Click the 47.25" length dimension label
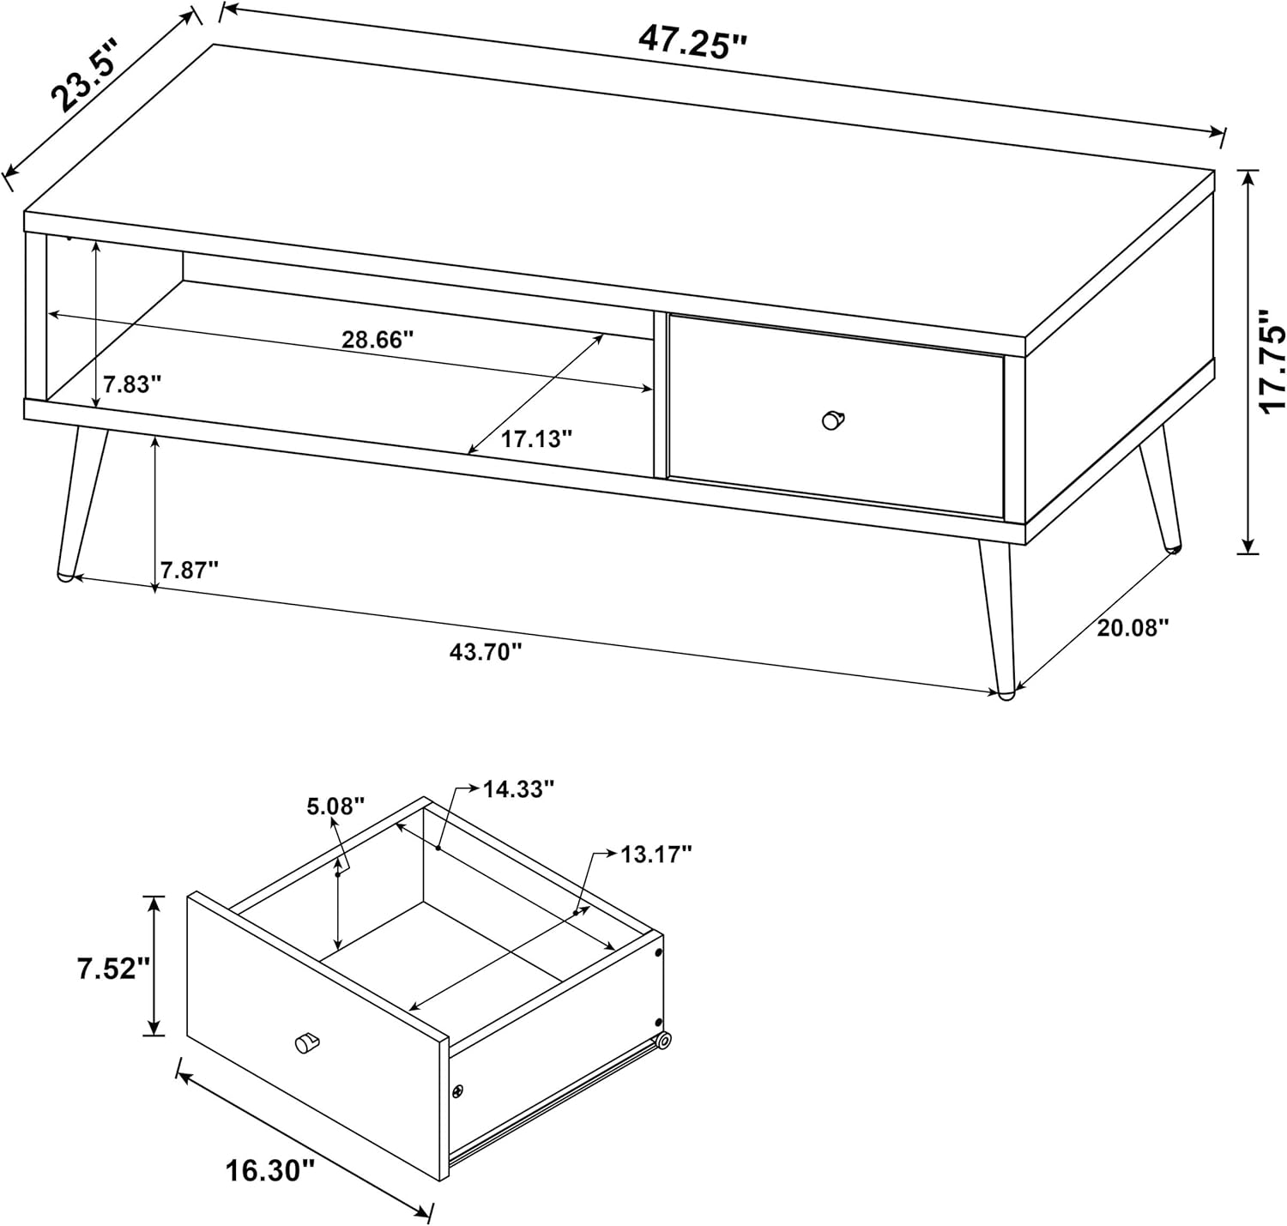coord(692,44)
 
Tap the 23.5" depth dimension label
coord(86,75)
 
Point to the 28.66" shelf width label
coord(378,340)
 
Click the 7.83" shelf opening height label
coord(132,384)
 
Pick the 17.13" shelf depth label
coord(537,438)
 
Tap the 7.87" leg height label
coord(190,571)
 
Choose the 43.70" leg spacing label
coord(485,651)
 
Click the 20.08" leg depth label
coord(1133,628)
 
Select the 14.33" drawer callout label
coord(518,788)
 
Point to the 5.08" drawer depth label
coord(335,806)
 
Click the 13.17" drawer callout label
coord(656,854)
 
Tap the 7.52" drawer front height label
coord(115,968)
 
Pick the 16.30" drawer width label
coord(270,1169)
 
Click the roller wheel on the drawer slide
coord(664,1041)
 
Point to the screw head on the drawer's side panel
coord(457,1090)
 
